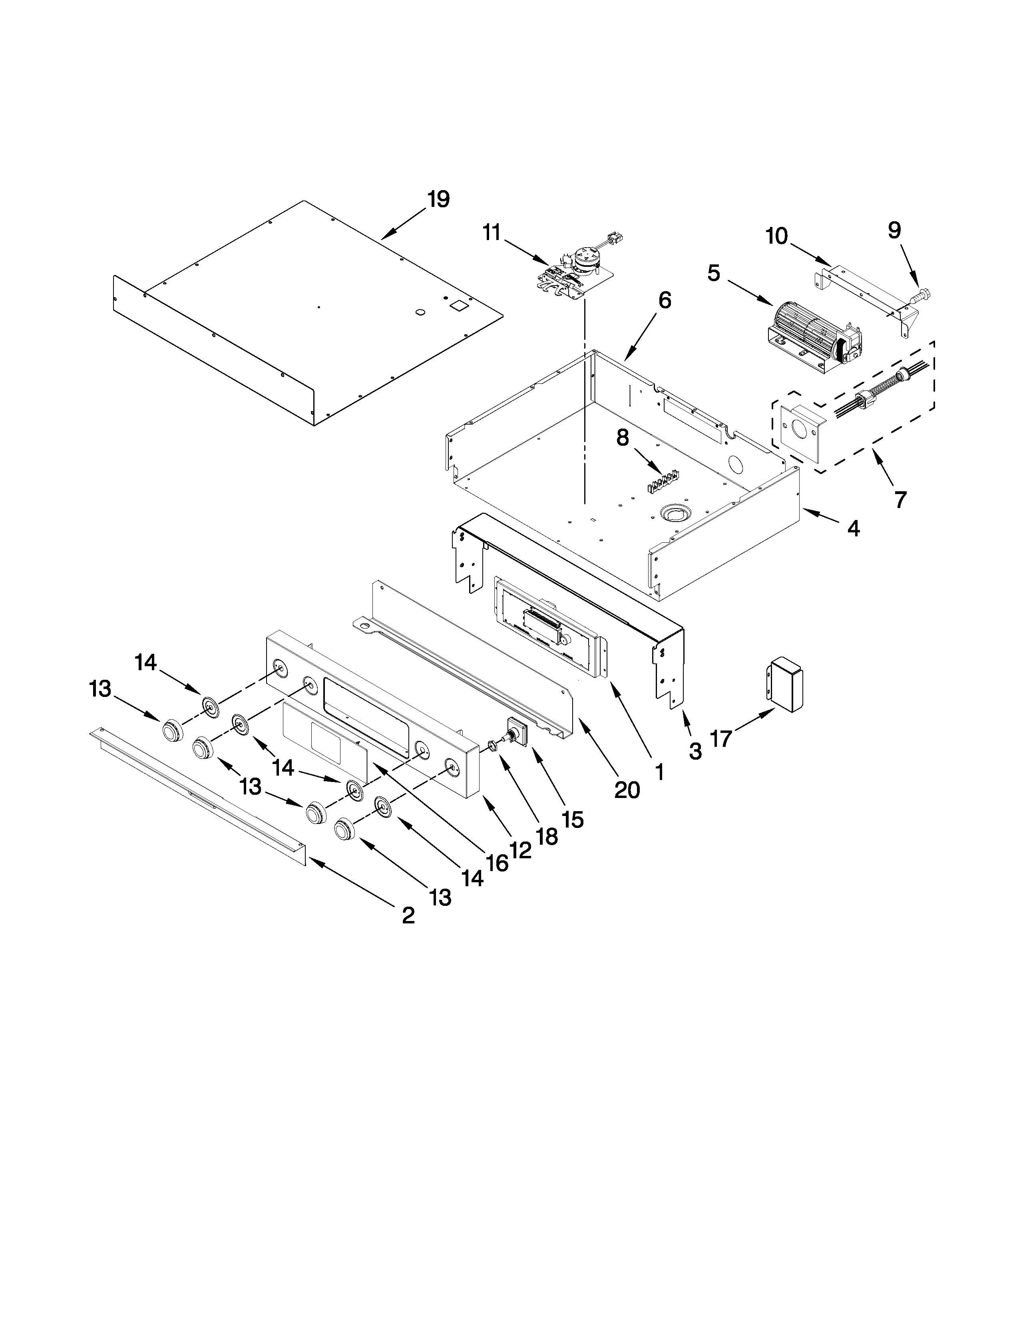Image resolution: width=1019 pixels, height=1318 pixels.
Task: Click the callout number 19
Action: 438,199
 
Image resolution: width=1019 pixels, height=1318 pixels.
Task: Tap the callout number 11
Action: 492,232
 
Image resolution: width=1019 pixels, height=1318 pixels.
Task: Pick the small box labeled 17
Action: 785,685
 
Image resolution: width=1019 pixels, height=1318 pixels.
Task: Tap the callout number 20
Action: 627,789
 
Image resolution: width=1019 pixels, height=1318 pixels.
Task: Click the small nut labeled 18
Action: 493,747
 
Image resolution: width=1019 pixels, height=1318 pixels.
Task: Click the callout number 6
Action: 664,300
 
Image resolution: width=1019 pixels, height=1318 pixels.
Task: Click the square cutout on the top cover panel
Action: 460,306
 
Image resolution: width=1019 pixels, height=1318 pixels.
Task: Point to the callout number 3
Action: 695,751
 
